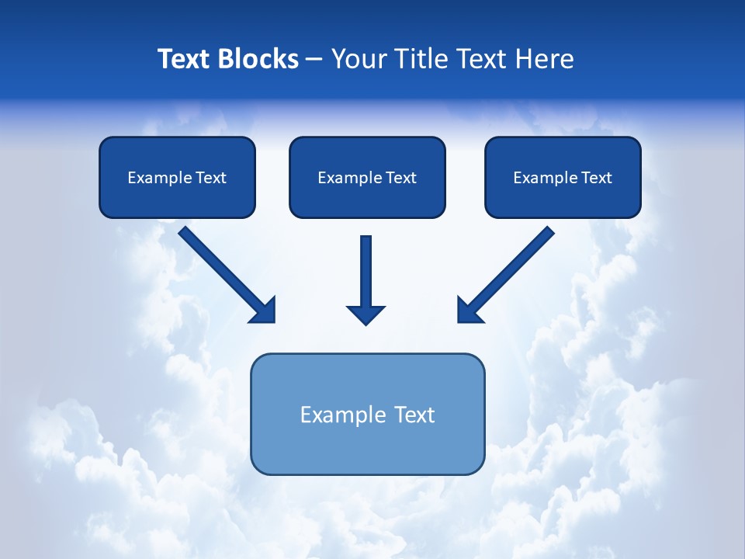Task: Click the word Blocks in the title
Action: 258,59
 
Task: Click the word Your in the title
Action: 361,59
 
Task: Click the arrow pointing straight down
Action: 366,272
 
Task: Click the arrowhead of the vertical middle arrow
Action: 366,314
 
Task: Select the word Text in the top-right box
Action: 596,178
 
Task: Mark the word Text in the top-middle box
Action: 400,178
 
